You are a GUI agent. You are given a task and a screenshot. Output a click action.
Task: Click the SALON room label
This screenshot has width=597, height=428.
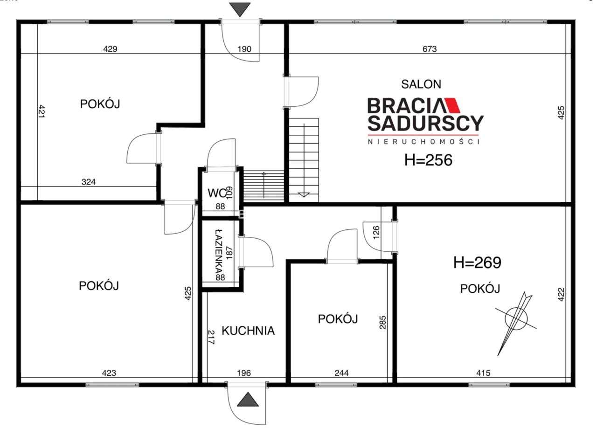(421, 84)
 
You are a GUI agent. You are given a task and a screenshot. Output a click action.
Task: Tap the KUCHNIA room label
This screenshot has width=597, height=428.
(248, 331)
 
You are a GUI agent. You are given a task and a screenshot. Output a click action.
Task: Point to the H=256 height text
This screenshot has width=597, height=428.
(428, 160)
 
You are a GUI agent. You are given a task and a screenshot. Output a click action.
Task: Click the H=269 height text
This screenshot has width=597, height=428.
(477, 263)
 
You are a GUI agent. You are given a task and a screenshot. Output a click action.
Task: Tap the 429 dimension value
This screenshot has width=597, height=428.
(110, 48)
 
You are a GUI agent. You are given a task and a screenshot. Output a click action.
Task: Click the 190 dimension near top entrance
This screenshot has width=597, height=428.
(244, 48)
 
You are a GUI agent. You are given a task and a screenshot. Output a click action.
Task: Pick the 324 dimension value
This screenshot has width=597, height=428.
(88, 182)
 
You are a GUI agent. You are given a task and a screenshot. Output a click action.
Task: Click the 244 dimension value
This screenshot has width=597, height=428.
(341, 373)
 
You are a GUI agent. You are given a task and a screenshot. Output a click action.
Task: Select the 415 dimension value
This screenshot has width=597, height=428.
(483, 373)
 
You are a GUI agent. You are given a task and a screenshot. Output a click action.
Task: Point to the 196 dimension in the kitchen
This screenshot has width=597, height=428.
(243, 373)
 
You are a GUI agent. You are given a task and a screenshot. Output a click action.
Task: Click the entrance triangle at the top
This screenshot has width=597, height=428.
(240, 9)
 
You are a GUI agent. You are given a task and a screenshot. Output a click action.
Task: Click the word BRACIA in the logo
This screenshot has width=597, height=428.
(403, 106)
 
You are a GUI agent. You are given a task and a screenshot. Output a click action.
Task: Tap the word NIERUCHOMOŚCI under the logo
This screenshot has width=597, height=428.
(424, 141)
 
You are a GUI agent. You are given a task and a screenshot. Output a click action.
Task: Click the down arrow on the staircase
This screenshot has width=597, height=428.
(304, 194)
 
